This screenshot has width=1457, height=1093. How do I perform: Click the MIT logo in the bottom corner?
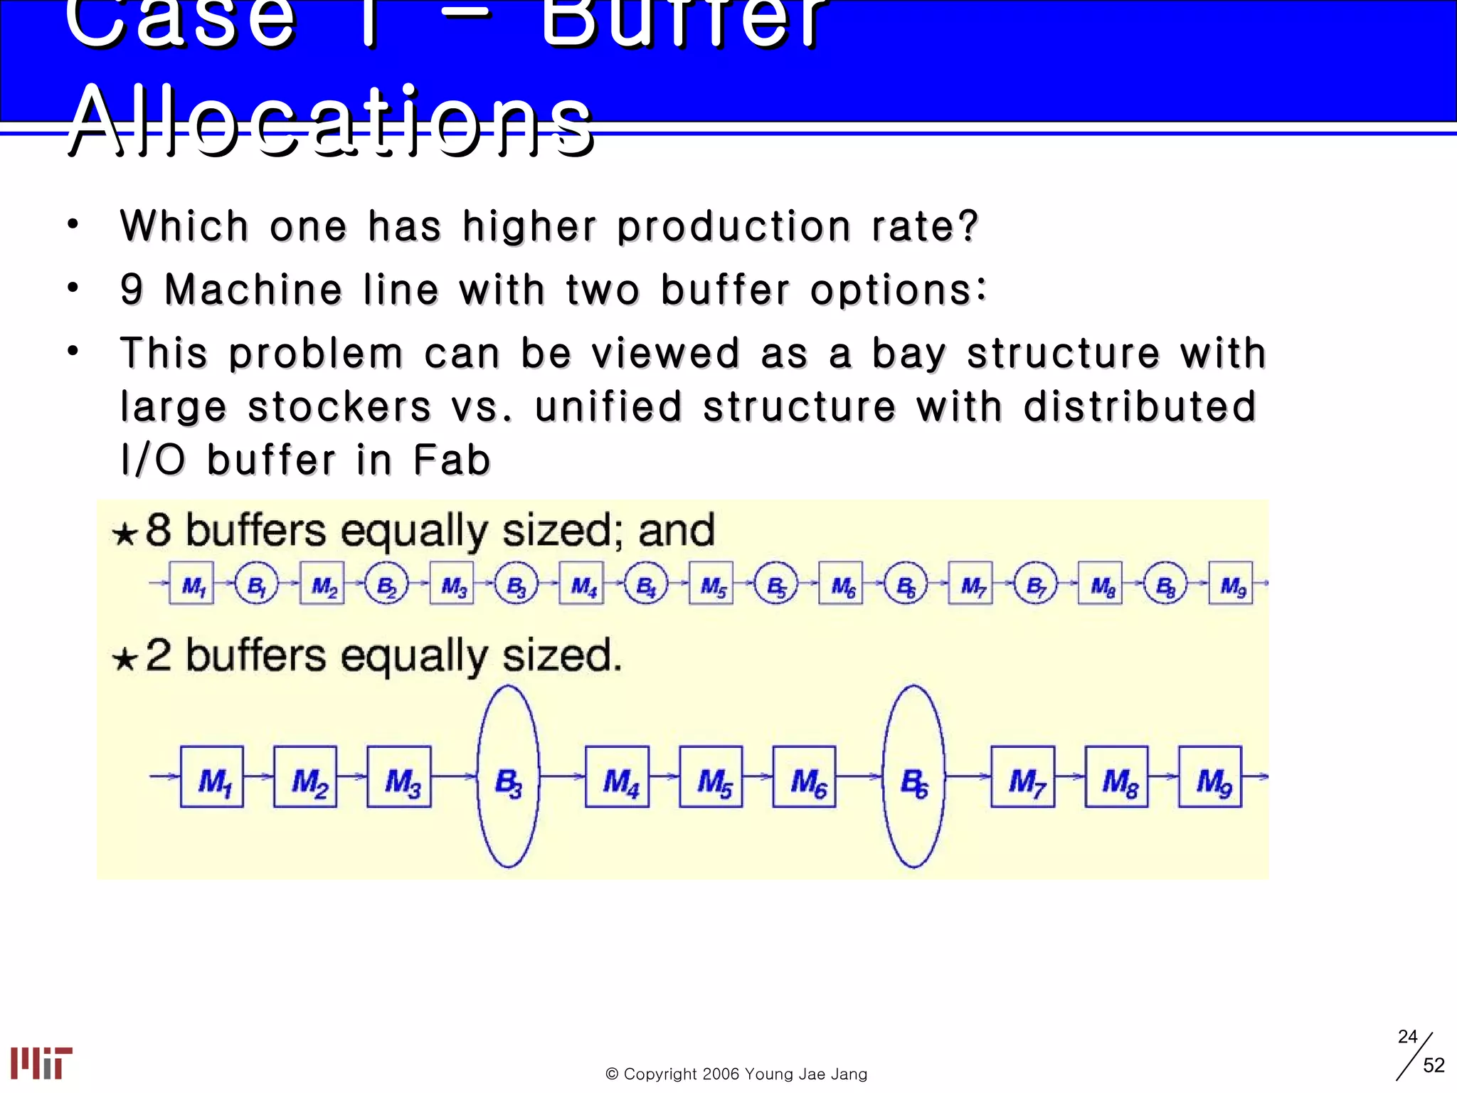click(x=41, y=1062)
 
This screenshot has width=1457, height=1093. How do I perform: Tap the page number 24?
click(x=1407, y=1036)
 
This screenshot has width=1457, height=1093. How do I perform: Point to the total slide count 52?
click(x=1434, y=1065)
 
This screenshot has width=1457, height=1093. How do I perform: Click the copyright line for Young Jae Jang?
click(x=736, y=1074)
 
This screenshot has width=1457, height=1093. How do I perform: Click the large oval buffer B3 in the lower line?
click(x=508, y=777)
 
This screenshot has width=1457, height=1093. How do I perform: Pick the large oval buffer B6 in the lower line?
click(x=913, y=777)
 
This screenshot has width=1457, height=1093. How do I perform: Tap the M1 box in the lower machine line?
click(x=212, y=777)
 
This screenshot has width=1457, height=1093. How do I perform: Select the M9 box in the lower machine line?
click(x=1210, y=777)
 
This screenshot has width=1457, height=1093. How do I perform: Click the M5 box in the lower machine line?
click(x=711, y=777)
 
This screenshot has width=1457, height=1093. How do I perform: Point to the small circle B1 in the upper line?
click(x=256, y=583)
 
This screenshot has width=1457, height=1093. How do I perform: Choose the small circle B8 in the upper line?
click(x=1165, y=583)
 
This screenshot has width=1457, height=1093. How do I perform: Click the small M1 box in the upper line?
click(x=191, y=583)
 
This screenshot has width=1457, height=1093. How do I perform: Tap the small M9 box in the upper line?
click(x=1231, y=583)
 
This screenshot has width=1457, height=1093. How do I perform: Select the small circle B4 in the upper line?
click(x=646, y=583)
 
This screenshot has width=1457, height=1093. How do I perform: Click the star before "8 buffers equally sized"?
click(x=124, y=533)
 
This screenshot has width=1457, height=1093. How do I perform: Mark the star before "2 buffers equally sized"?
click(x=124, y=658)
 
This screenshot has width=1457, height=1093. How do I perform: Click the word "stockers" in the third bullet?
click(x=339, y=406)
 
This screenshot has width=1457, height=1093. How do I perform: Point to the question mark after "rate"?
click(x=968, y=226)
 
